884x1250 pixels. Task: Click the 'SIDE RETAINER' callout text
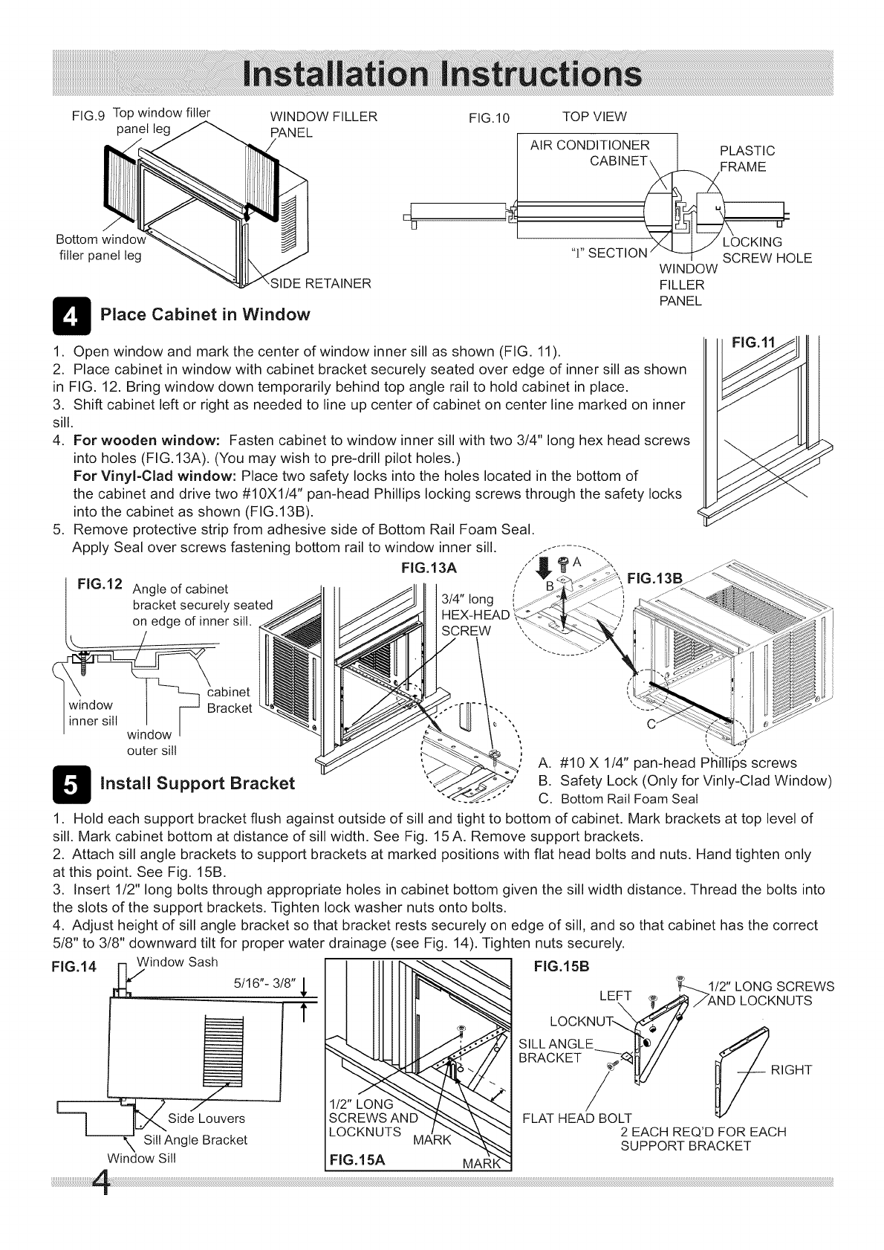click(x=319, y=283)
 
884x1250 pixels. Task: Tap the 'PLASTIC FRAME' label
click(x=747, y=159)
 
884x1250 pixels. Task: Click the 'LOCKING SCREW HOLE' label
click(x=766, y=250)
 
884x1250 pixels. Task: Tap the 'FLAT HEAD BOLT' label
click(x=577, y=1118)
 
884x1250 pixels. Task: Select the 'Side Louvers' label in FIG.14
click(x=206, y=1118)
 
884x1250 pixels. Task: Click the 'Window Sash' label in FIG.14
click(x=182, y=962)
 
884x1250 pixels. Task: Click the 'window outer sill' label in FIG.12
click(x=152, y=742)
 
